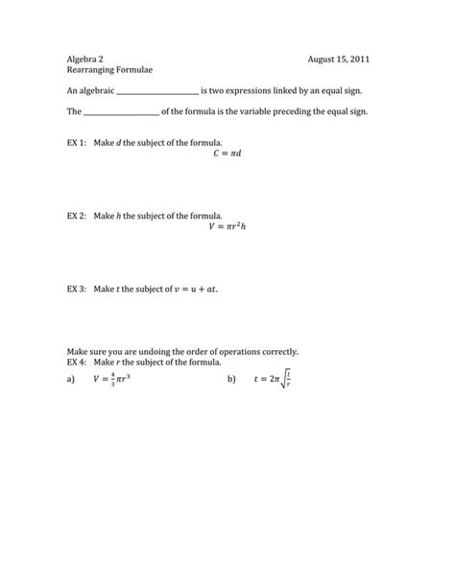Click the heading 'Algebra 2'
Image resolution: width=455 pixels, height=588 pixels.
pyautogui.click(x=85, y=59)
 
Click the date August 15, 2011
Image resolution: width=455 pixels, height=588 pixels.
pyautogui.click(x=339, y=59)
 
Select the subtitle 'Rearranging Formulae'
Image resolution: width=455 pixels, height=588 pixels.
pyautogui.click(x=109, y=71)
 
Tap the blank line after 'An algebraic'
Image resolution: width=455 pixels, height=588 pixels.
pyautogui.click(x=156, y=91)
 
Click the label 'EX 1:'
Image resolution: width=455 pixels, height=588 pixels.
pyautogui.click(x=77, y=141)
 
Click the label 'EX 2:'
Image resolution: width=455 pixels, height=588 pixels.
pyautogui.click(x=77, y=216)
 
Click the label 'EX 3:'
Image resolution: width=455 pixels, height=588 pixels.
pyautogui.click(x=77, y=288)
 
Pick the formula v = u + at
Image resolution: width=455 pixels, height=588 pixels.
pyautogui.click(x=192, y=288)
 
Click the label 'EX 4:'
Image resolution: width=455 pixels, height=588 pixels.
pyautogui.click(x=77, y=363)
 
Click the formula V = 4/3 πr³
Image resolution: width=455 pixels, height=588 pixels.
pyautogui.click(x=112, y=380)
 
